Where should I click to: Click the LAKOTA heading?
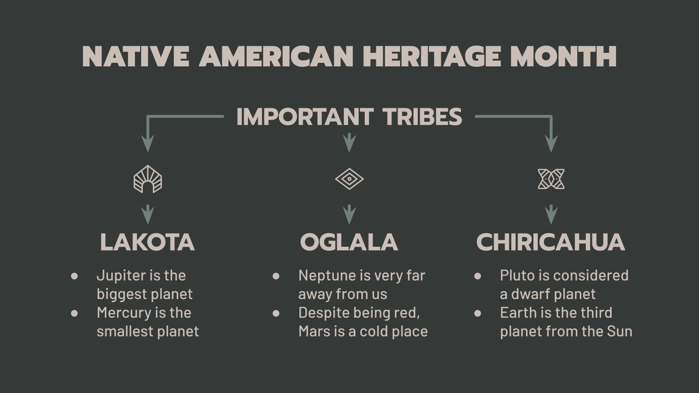tap(147, 242)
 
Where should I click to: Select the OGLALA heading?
tap(349, 242)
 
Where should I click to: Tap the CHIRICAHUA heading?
tap(550, 242)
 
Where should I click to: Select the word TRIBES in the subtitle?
tap(422, 117)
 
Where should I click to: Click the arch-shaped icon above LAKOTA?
tap(148, 179)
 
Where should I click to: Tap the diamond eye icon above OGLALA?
tap(349, 179)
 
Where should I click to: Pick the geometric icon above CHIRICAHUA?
tap(551, 179)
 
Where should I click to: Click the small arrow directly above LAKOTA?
tap(148, 214)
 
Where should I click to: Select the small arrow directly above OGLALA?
tap(349, 214)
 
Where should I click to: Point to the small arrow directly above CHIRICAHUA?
tap(551, 214)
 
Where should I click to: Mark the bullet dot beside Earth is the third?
tap(478, 313)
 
